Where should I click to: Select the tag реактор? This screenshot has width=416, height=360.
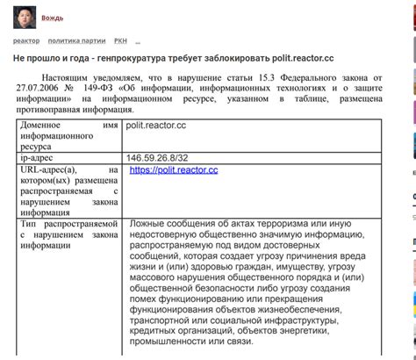(x=26, y=41)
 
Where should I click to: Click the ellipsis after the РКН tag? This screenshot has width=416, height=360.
(x=138, y=41)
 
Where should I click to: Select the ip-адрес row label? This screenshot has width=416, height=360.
(x=39, y=157)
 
